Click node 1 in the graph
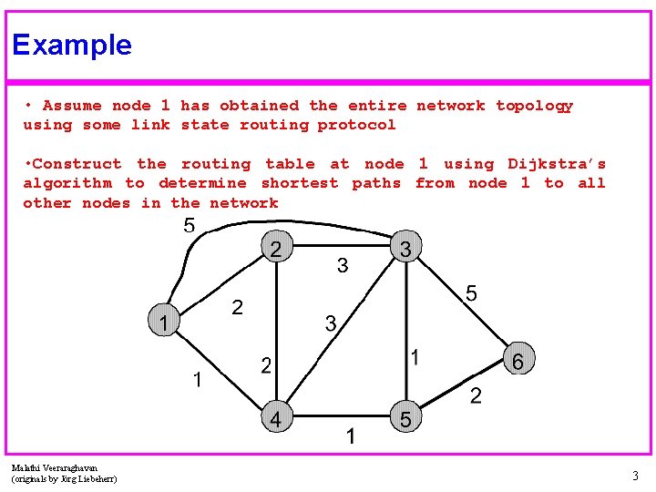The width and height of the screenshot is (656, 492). [163, 322]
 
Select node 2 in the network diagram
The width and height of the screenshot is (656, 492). [276, 248]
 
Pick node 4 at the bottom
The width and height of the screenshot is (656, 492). [276, 418]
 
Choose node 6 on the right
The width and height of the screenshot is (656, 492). [518, 361]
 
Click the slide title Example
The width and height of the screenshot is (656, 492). [72, 45]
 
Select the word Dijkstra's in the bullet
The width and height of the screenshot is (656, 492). [556, 164]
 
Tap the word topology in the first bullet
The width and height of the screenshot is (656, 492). [534, 106]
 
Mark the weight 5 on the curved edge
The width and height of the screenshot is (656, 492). [189, 226]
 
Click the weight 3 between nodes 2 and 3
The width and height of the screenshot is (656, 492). [342, 266]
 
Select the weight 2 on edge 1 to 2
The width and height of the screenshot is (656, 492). [237, 308]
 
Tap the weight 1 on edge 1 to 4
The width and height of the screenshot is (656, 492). [197, 380]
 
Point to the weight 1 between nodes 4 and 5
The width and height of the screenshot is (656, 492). [350, 438]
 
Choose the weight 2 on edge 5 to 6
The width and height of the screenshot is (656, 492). [476, 395]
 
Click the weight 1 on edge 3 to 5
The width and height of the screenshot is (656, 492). [415, 358]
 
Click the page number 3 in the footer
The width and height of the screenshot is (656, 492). [635, 475]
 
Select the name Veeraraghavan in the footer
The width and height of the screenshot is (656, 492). [65, 466]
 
